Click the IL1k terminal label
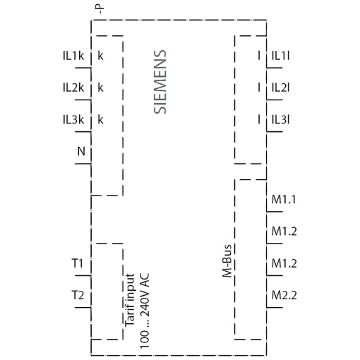click(73, 56)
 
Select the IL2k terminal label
click(73, 88)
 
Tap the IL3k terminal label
click(73, 120)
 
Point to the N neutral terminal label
click(81, 151)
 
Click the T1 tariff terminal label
click(78, 263)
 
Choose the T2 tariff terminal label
click(78, 295)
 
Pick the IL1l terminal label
click(280, 56)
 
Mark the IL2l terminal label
click(280, 88)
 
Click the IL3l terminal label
click(280, 120)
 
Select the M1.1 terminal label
click(284, 200)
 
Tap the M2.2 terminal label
click(284, 295)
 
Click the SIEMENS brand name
click(160, 82)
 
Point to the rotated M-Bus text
click(227, 261)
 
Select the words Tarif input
click(130, 300)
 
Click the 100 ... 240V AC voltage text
click(145, 311)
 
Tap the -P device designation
click(100, 9)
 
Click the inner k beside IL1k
click(100, 56)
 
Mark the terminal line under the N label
click(83, 164)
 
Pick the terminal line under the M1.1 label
click(275, 212)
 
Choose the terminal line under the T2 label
click(83, 307)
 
